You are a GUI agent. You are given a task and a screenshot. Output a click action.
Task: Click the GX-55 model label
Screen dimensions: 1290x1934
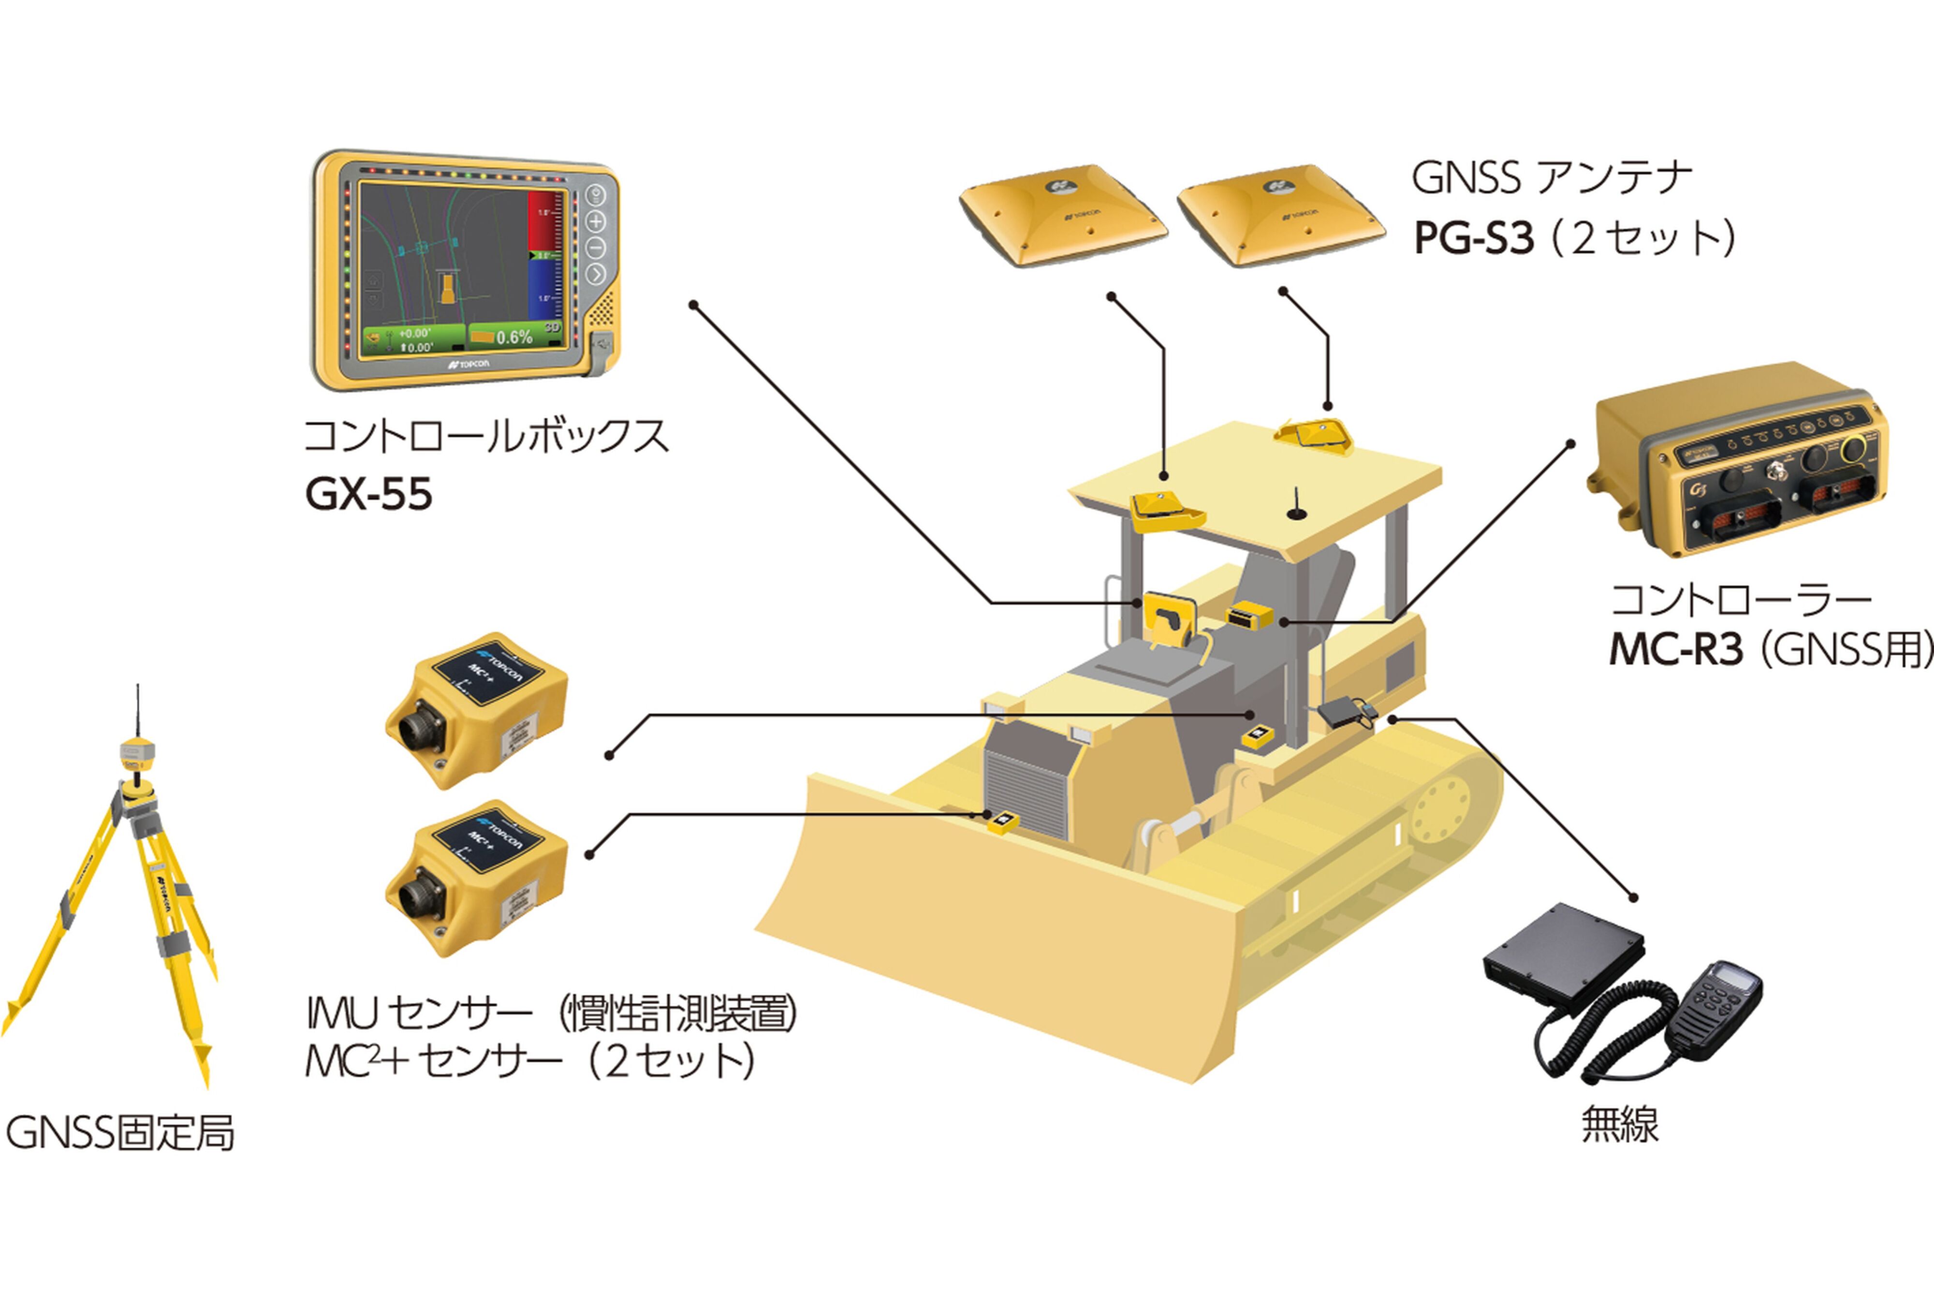click(368, 495)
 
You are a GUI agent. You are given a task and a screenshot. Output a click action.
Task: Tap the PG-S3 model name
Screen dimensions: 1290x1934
click(1473, 238)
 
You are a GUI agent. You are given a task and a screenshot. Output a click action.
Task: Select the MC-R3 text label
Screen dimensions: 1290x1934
click(1676, 650)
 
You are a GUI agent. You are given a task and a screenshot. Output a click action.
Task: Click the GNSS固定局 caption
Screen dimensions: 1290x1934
click(120, 1133)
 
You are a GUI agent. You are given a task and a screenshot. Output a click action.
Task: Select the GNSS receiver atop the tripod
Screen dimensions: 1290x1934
click(136, 750)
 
